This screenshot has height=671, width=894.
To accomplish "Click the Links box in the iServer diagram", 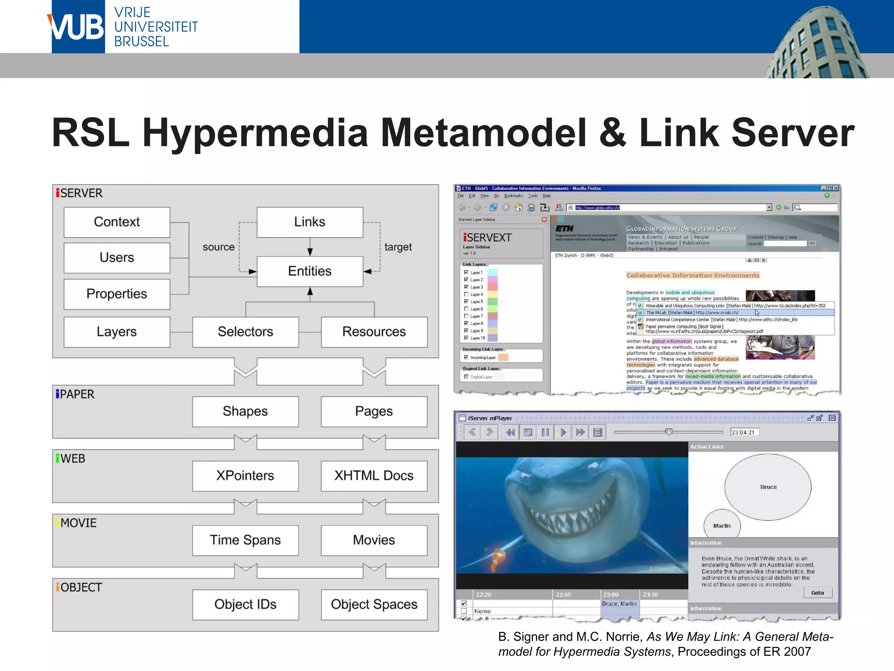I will [309, 222].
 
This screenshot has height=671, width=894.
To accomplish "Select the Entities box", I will [309, 271].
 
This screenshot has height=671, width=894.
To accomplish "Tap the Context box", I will [117, 222].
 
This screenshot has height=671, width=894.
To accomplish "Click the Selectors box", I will [245, 332].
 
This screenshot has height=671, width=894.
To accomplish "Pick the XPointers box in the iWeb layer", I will [245, 475].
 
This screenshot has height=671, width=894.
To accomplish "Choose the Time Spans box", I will [245, 540].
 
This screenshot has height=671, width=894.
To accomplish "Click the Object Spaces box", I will [374, 604].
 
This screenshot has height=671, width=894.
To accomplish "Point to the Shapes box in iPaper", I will [245, 411].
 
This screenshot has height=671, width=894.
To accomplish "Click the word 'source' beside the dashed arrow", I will [218, 247].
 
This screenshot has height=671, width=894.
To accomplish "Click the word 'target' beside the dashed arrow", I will [398, 247].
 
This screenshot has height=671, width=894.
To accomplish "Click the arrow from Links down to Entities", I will [310, 248].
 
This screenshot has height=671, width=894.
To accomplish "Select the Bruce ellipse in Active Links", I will [768, 487].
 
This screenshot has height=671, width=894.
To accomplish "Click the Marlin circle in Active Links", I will [722, 525].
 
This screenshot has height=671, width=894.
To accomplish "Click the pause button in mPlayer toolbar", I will [545, 432].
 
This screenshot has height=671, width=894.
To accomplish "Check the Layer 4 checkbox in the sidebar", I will [466, 294].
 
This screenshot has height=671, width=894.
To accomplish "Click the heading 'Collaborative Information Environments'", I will [693, 275].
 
